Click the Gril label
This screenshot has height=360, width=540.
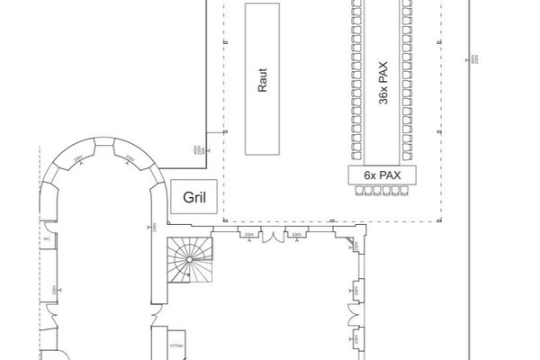pos(190,196)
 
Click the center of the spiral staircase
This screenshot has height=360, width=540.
pos(191,258)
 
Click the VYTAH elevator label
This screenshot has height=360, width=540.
pos(175,345)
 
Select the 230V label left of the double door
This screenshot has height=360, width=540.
pos(248,234)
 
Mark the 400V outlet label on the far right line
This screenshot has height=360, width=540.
pos(474,58)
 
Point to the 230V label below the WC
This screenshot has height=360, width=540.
pos(55,290)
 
